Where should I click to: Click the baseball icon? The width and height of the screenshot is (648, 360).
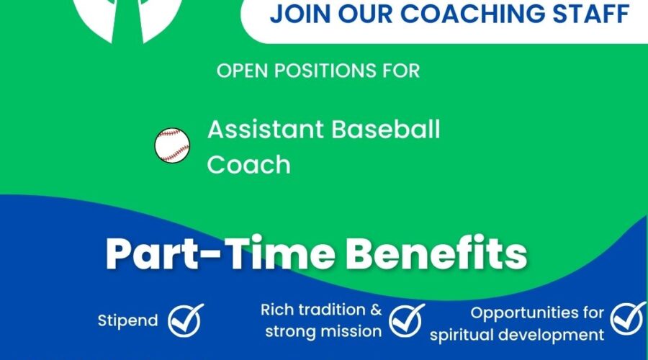coord(172,145)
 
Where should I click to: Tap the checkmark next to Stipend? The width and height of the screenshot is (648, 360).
coord(186,320)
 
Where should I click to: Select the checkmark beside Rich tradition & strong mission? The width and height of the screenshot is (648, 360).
coord(407,320)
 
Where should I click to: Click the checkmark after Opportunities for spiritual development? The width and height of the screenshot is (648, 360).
coord(628,318)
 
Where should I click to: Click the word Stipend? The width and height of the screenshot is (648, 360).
coord(127,320)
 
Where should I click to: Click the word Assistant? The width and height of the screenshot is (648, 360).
coord(266,130)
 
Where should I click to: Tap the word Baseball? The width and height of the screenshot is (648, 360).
coord(386,130)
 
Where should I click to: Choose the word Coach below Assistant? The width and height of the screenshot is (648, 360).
coord(249,164)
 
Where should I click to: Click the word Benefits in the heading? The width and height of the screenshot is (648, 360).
coord(436,253)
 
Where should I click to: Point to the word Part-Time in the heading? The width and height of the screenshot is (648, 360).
coord(220,253)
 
